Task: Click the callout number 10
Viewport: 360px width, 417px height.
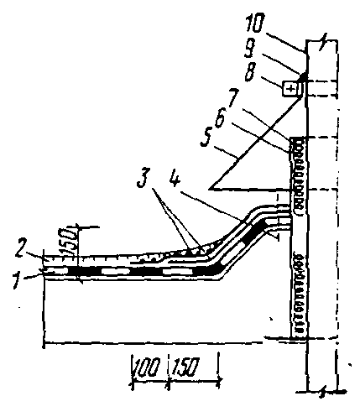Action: pos(254,23)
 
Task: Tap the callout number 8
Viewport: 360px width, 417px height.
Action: pos(250,72)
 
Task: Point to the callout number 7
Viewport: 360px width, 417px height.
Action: pos(233,97)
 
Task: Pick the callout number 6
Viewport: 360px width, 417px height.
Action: pos(220,120)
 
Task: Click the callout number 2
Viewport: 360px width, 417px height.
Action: pos(21,248)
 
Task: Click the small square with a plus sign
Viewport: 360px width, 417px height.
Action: pos(291,89)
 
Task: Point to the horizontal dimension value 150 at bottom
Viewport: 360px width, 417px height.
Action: pos(185,367)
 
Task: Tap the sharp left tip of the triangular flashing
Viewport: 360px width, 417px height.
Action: pos(209,189)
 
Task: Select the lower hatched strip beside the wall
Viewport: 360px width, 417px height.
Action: pos(299,295)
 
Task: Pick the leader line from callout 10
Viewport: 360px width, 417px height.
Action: pos(285,43)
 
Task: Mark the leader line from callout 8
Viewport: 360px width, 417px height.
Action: pos(270,82)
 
